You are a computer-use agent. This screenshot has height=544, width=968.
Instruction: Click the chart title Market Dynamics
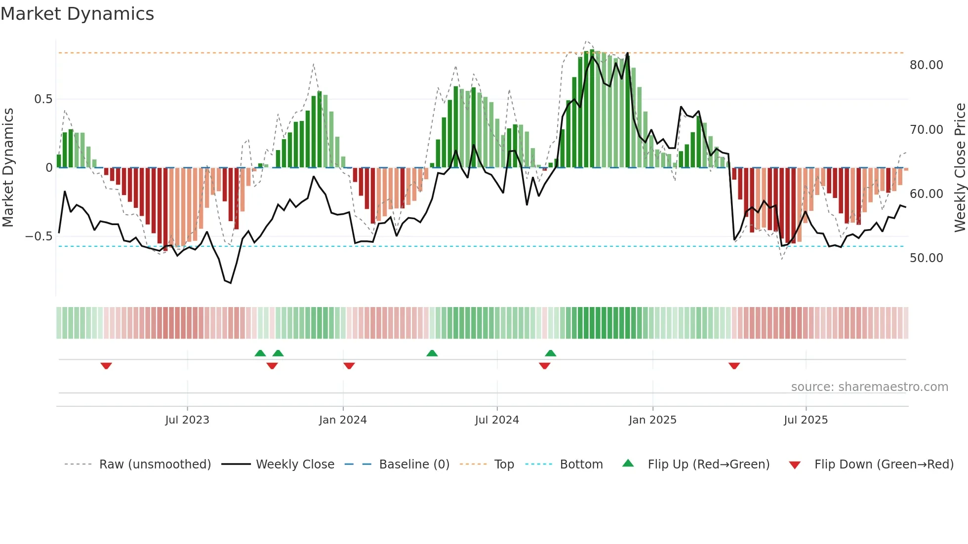click(x=77, y=14)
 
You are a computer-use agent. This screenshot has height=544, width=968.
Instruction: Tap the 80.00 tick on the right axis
click(x=926, y=65)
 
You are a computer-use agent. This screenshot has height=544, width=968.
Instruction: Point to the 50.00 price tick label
click(x=926, y=258)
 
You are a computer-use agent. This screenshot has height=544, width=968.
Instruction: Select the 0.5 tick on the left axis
click(x=43, y=99)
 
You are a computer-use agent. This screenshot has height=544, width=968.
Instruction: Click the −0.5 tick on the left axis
click(x=39, y=236)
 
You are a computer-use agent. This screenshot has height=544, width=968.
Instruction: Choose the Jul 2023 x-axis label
click(x=187, y=420)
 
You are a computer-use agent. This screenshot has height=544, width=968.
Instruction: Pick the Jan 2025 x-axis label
click(x=652, y=420)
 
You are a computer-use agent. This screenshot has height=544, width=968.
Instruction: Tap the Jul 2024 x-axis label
click(x=497, y=420)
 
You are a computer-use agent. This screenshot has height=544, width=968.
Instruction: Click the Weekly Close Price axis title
click(x=960, y=168)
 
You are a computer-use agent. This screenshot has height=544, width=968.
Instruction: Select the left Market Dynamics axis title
click(x=8, y=168)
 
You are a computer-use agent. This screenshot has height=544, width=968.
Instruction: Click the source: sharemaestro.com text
click(x=869, y=387)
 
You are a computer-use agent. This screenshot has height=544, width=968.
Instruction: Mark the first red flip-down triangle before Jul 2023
click(x=106, y=366)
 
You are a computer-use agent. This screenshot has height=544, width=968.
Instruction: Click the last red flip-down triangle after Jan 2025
click(x=734, y=366)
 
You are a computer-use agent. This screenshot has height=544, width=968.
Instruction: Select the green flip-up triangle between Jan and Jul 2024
click(x=432, y=353)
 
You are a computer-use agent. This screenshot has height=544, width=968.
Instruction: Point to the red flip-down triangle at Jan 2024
click(x=349, y=366)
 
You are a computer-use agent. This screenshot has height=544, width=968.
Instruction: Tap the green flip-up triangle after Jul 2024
click(x=551, y=353)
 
